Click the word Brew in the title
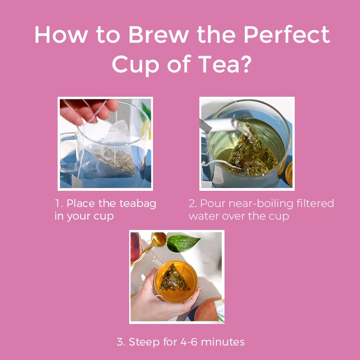(158, 35)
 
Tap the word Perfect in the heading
(287, 35)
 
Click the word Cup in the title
(135, 65)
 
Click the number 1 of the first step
(58, 203)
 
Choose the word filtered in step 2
(315, 203)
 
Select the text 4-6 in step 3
(189, 342)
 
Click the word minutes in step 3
(223, 342)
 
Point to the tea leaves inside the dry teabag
(117, 161)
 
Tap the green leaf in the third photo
(183, 243)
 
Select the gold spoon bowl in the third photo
(159, 239)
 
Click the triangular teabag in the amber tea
(174, 278)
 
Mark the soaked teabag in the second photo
(252, 152)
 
